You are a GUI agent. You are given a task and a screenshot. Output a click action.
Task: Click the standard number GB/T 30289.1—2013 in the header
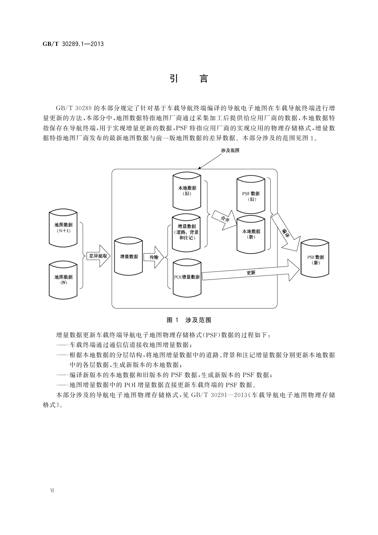click(73, 44)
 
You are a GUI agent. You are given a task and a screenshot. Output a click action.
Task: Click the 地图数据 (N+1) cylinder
click(63, 227)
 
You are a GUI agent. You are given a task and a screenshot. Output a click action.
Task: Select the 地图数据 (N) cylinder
click(63, 279)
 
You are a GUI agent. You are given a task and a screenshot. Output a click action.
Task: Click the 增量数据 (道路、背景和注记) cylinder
click(187, 232)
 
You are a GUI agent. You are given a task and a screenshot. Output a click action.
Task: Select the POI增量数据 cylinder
click(187, 277)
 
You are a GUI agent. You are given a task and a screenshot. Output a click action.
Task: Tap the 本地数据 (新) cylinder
click(251, 234)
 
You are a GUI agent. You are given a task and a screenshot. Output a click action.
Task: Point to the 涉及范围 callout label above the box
click(230, 150)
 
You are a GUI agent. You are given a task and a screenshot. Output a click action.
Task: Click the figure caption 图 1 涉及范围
click(189, 320)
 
